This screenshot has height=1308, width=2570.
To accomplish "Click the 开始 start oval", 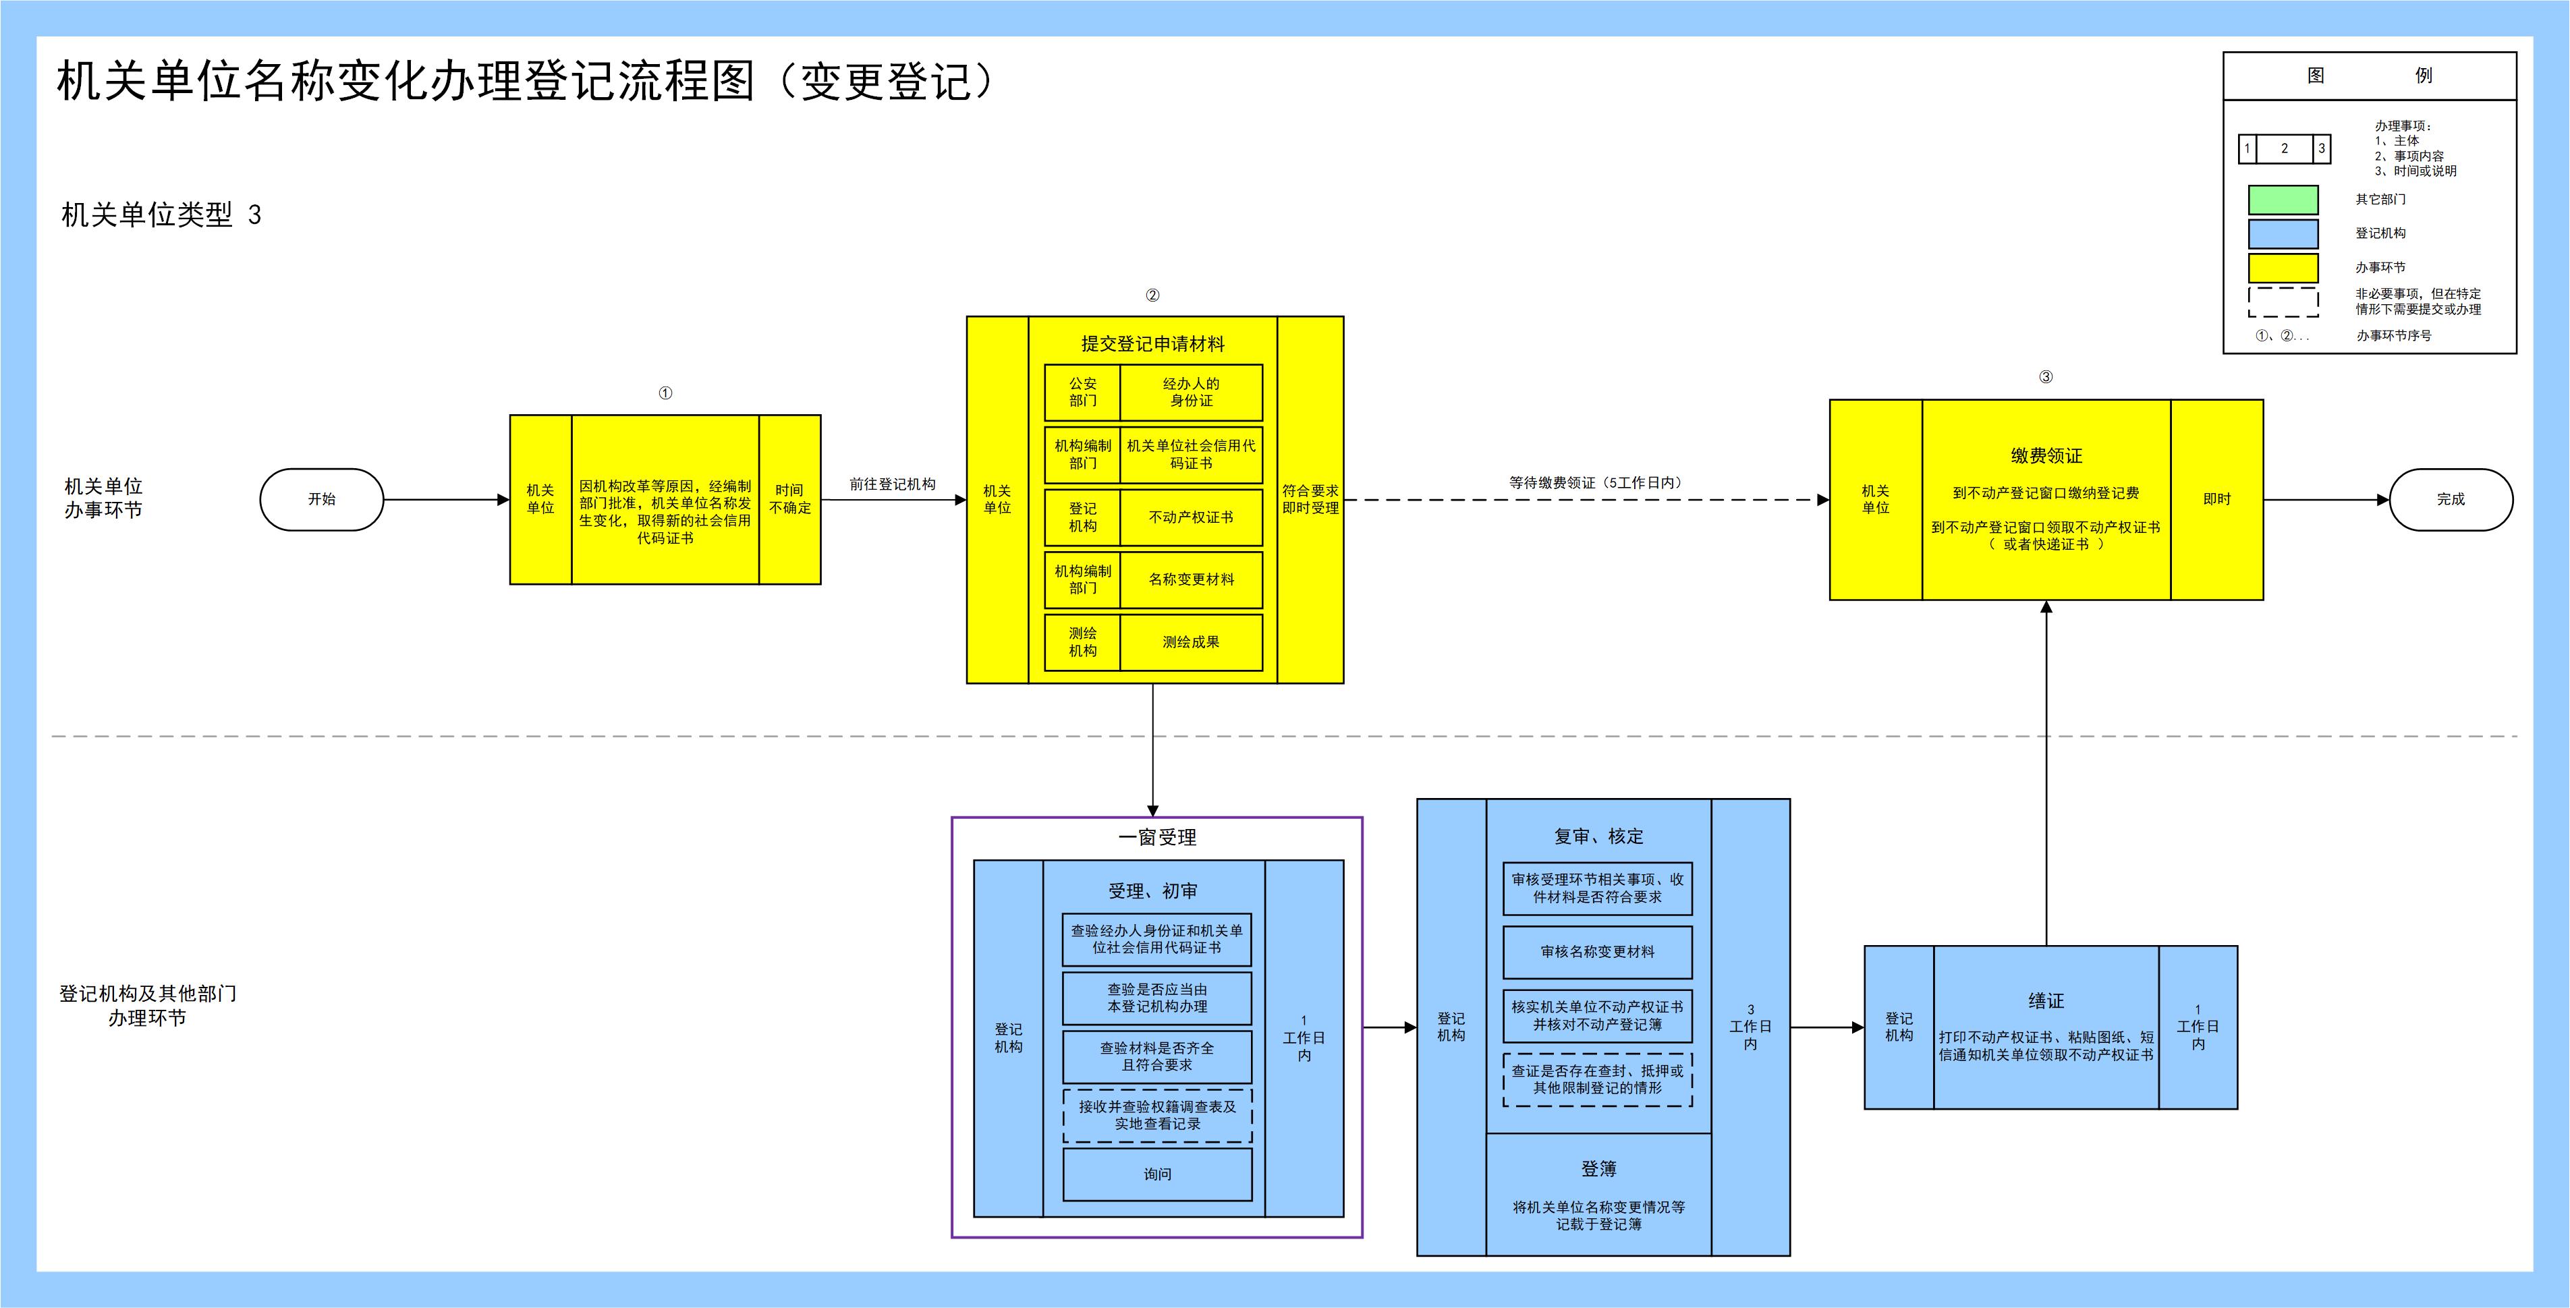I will pyautogui.click(x=321, y=499).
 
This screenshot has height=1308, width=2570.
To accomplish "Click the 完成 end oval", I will pyautogui.click(x=2451, y=499).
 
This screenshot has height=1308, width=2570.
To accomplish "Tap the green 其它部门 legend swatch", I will pyautogui.click(x=2283, y=200).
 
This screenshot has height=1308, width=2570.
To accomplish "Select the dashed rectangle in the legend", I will pyautogui.click(x=2283, y=302).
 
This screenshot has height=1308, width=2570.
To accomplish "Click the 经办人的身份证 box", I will pyautogui.click(x=1192, y=392).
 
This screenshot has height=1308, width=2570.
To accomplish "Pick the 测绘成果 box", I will pyautogui.click(x=1192, y=642).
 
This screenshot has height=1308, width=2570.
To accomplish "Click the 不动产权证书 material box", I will pyautogui.click(x=1192, y=517).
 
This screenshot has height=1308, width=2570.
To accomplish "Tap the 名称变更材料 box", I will pyautogui.click(x=1192, y=579).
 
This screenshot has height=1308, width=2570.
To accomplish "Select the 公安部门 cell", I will pyautogui.click(x=1082, y=392).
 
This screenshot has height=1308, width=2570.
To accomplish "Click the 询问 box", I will pyautogui.click(x=1157, y=1174).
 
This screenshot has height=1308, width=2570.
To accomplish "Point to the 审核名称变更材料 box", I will pyautogui.click(x=1597, y=952).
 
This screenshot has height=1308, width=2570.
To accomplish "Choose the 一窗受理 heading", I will pyautogui.click(x=1157, y=838).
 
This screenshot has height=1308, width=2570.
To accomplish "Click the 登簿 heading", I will pyautogui.click(x=1598, y=1168).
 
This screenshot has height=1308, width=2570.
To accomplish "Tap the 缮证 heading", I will pyautogui.click(x=2045, y=1000).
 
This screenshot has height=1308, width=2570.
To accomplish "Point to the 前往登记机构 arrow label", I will pyautogui.click(x=893, y=484).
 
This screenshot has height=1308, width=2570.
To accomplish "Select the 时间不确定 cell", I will pyautogui.click(x=790, y=499).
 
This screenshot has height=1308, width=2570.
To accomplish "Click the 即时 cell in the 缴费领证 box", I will pyautogui.click(x=2217, y=499).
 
